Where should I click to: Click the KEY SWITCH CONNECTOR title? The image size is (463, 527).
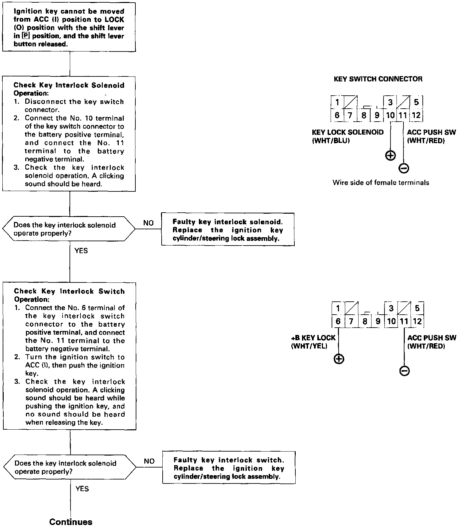(378, 79)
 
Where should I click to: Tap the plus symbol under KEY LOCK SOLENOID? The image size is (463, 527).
(390, 155)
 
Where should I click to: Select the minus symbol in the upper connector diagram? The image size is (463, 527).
(403, 168)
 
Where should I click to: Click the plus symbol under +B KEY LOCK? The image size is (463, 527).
(339, 359)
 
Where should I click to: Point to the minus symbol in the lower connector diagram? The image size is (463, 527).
(404, 371)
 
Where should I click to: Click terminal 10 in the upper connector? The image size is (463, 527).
(390, 115)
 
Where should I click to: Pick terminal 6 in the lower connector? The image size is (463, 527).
(338, 321)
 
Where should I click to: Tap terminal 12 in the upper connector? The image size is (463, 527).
(416, 115)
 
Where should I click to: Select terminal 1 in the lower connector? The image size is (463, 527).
(338, 308)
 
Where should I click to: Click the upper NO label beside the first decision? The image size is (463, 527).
(148, 223)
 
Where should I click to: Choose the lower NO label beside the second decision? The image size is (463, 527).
(149, 461)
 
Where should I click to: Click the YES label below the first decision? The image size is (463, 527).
(81, 251)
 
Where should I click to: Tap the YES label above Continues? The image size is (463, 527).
(82, 488)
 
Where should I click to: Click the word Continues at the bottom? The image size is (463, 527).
(71, 522)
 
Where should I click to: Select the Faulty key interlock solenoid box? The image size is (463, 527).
(228, 230)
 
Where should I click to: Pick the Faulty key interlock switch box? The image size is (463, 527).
(229, 468)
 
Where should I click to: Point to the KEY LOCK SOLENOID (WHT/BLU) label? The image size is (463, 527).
(348, 136)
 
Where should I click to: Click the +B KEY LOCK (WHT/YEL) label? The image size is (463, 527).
(313, 342)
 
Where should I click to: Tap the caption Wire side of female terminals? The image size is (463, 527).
(381, 182)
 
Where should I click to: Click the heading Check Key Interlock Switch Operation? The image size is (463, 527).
(69, 295)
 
